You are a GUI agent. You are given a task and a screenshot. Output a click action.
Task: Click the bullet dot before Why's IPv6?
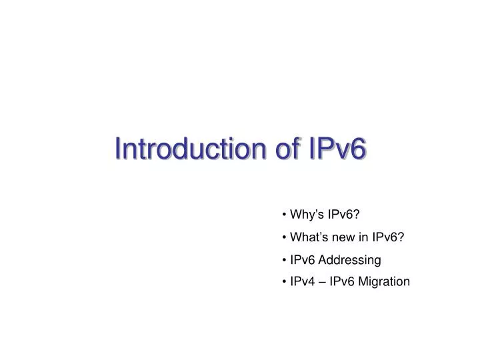285,214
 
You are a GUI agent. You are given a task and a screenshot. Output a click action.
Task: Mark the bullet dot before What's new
285,237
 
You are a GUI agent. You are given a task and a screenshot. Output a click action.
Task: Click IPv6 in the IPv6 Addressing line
305,259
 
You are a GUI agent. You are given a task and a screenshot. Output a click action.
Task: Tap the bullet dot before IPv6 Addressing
285,259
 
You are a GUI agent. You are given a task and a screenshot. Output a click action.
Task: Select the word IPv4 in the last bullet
305,281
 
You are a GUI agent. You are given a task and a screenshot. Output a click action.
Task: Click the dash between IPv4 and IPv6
326,281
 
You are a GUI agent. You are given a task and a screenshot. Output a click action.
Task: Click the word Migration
385,281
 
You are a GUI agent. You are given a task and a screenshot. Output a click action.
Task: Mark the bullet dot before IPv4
285,281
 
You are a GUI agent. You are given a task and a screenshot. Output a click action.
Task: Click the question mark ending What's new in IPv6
403,237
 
